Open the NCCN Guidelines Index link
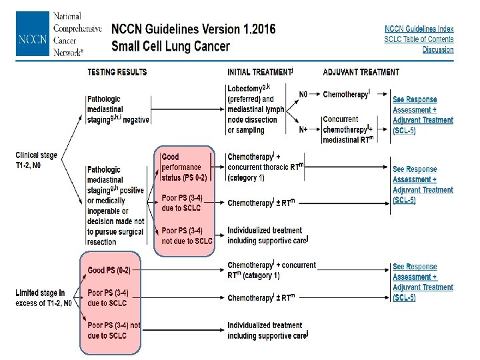419,29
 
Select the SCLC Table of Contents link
419,39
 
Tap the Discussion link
437,50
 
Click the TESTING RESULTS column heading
117,72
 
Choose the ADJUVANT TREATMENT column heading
361,72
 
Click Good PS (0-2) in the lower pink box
109,270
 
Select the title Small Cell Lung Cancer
170,47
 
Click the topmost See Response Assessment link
415,100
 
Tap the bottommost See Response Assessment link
415,267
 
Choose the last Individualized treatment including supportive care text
267,331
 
